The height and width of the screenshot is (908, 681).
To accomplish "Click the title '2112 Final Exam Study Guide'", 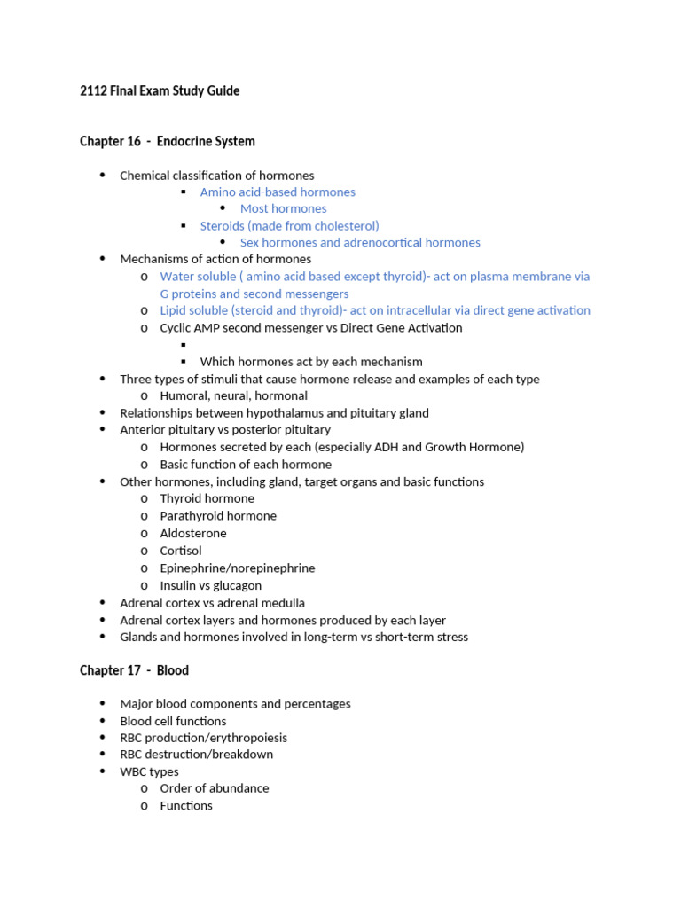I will pyautogui.click(x=160, y=90).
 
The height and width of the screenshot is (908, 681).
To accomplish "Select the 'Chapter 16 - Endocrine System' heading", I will pyautogui.click(x=168, y=141).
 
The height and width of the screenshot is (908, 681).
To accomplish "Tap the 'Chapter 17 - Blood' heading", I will pyautogui.click(x=134, y=670).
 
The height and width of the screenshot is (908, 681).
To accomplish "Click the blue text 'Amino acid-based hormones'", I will pyautogui.click(x=278, y=192).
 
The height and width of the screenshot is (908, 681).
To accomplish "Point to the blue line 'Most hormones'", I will pyautogui.click(x=283, y=208).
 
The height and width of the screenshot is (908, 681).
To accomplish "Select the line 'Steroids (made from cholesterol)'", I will pyautogui.click(x=289, y=225).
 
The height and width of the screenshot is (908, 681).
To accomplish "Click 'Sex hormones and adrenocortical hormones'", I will pyautogui.click(x=360, y=242).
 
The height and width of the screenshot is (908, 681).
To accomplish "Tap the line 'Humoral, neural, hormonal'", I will pyautogui.click(x=233, y=395).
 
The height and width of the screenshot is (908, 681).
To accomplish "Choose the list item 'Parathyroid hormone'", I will pyautogui.click(x=218, y=515).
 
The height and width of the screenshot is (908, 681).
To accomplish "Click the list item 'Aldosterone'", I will pyautogui.click(x=193, y=533).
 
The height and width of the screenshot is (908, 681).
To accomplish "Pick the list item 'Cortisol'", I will pyautogui.click(x=181, y=551).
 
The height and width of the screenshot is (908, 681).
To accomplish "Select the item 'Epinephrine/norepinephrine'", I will pyautogui.click(x=238, y=567).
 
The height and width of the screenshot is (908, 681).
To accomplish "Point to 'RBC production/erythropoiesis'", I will pyautogui.click(x=203, y=737).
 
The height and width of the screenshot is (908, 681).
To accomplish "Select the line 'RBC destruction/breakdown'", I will pyautogui.click(x=196, y=754).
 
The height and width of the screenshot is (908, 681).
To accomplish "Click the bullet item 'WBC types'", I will pyautogui.click(x=149, y=771).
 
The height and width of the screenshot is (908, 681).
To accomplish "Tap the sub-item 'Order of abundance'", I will pyautogui.click(x=214, y=787).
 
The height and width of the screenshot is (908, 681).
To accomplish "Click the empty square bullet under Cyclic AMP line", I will pyautogui.click(x=184, y=345).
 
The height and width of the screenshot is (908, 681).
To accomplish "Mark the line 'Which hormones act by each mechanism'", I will pyautogui.click(x=311, y=362).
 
